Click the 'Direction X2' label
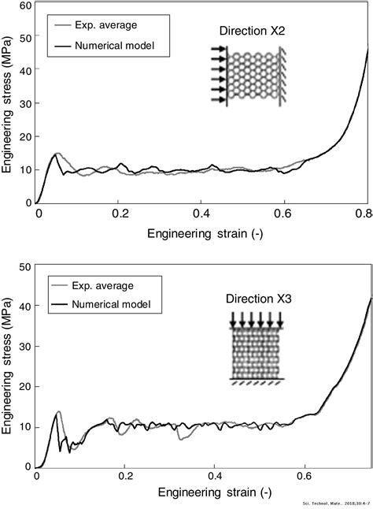[253, 31]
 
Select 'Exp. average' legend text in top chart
[104, 27]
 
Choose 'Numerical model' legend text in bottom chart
[110, 303]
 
